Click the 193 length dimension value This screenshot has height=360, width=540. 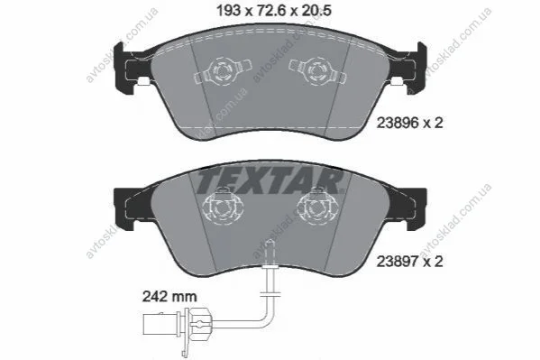click(228, 11)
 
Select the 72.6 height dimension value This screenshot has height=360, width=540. click(271, 11)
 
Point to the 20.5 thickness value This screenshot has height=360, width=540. click(316, 11)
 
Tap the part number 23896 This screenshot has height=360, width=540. click(398, 123)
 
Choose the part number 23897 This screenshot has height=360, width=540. click(398, 262)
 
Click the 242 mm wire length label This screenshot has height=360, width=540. click(169, 297)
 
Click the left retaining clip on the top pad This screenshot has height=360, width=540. click(223, 71)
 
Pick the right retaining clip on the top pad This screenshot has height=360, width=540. click(316, 71)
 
